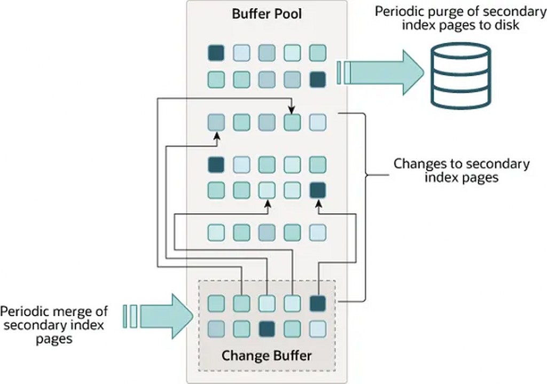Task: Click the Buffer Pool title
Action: [x=267, y=14]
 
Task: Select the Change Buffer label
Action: [x=267, y=355]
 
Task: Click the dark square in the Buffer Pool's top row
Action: [x=216, y=52]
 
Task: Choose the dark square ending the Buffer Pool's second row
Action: [x=317, y=80]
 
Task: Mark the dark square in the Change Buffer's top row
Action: [x=317, y=303]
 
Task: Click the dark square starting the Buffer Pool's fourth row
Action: [x=216, y=163]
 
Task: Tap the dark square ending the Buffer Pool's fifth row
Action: [x=317, y=190]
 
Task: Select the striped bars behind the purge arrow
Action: [x=342, y=72]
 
